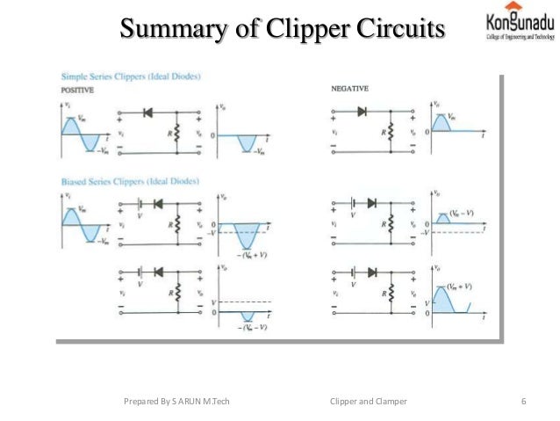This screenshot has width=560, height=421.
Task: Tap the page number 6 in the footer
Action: point(523,402)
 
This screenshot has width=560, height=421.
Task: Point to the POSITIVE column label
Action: point(78,90)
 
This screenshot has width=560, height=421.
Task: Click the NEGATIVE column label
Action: point(349,89)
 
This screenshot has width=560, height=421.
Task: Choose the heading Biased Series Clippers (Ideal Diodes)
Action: point(131,182)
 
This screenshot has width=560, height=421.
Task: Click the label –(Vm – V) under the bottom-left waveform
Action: point(248,326)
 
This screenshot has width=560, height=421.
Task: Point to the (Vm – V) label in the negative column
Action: point(467,214)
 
